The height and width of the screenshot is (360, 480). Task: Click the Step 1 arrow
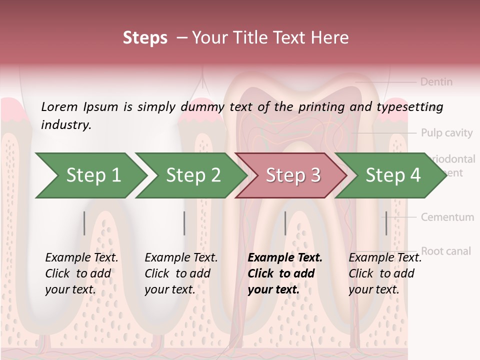90,175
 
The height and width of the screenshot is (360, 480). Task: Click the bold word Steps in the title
145,38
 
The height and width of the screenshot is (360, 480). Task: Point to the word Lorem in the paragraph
59,106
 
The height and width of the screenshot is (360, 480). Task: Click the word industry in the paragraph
66,125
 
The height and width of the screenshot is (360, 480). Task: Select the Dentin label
436,81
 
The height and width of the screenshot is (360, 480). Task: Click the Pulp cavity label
446,133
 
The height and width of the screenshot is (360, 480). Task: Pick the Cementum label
447,217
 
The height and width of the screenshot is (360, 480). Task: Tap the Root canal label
446,251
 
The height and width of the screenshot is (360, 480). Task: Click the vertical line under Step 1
84,223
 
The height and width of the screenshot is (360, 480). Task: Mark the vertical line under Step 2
184,223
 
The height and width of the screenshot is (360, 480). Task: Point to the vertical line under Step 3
285,223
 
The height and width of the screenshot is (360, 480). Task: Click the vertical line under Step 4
386,223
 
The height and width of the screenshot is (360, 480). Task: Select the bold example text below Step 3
285,273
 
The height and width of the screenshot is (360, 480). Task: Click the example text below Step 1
81,273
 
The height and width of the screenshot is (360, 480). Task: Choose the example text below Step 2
181,273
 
